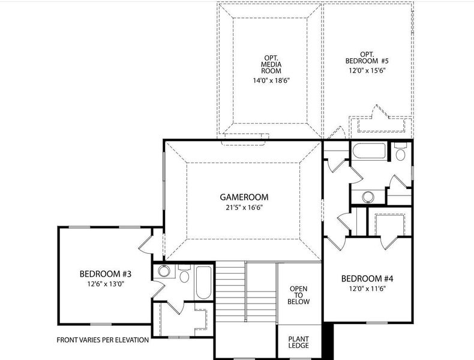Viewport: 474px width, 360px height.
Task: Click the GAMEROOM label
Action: pyautogui.click(x=244, y=197)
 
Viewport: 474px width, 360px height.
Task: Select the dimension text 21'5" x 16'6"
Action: pyautogui.click(x=244, y=208)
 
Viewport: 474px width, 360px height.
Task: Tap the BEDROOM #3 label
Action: pyautogui.click(x=105, y=274)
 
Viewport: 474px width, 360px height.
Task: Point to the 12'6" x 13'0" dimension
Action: pyautogui.click(x=105, y=285)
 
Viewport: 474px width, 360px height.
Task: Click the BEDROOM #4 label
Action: pyautogui.click(x=367, y=278)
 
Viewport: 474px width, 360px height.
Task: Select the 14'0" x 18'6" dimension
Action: pyautogui.click(x=271, y=80)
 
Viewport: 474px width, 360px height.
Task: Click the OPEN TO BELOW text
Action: pyautogui.click(x=299, y=295)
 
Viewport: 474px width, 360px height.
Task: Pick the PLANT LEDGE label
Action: pyautogui.click(x=298, y=342)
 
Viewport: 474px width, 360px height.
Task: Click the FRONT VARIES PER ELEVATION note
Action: pyautogui.click(x=103, y=340)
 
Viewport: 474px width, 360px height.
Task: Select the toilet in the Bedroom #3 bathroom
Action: pyautogui.click(x=184, y=275)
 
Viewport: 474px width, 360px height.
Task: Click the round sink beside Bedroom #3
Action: pyautogui.click(x=164, y=272)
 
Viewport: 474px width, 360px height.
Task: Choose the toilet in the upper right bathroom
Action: pyautogui.click(x=401, y=152)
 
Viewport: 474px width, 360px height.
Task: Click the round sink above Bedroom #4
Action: pyautogui.click(x=367, y=196)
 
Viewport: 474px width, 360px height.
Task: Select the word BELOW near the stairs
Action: pyautogui.click(x=299, y=302)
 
